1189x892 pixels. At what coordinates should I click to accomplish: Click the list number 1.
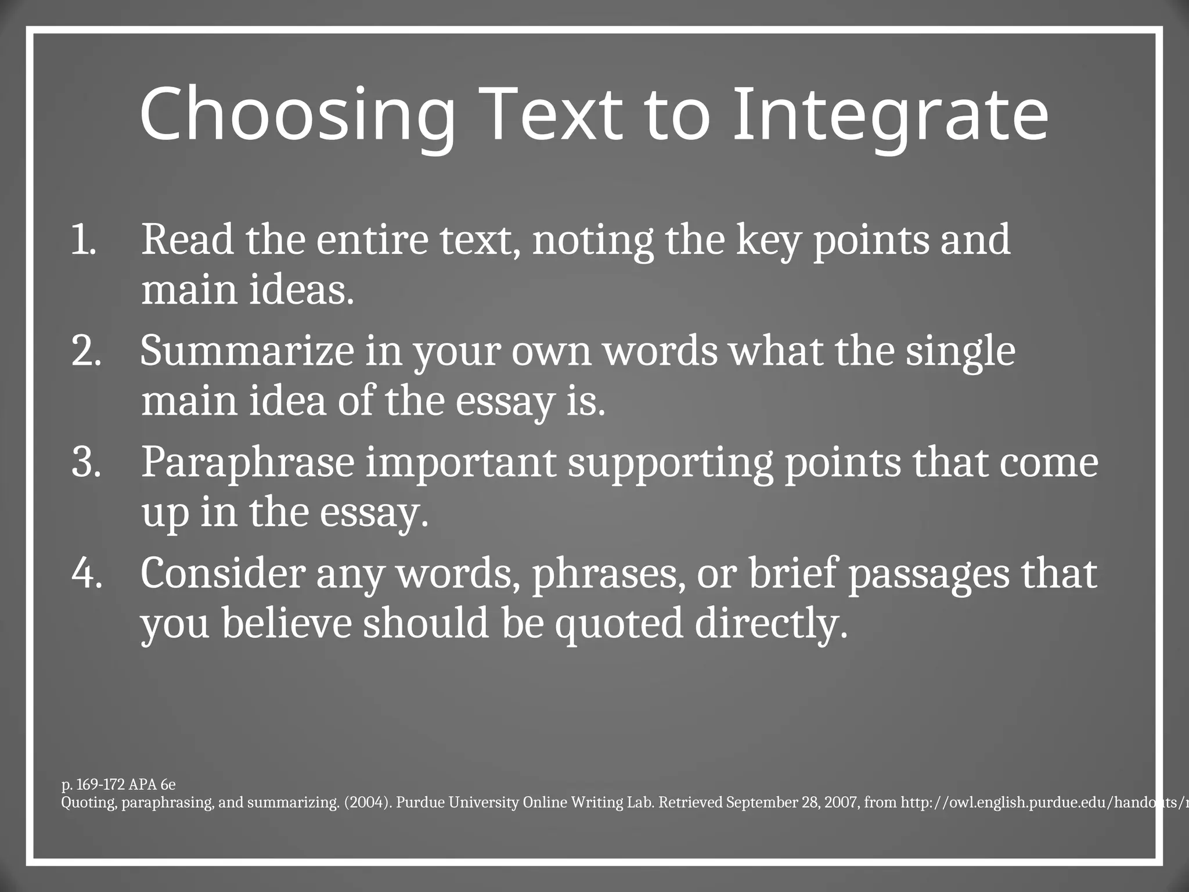pos(83,240)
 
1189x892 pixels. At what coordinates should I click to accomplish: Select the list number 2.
pos(86,351)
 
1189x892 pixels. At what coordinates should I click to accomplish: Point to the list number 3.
pos(86,462)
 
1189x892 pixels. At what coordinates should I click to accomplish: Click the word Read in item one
pos(187,239)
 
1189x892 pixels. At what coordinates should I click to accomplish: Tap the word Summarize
pos(247,351)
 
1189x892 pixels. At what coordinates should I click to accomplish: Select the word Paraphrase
pos(247,463)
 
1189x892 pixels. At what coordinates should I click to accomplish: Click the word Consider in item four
pos(222,573)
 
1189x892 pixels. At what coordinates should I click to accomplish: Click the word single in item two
pos(960,352)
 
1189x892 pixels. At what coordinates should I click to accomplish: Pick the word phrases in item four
pos(604,574)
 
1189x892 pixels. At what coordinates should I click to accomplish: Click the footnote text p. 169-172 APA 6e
pos(118,785)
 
